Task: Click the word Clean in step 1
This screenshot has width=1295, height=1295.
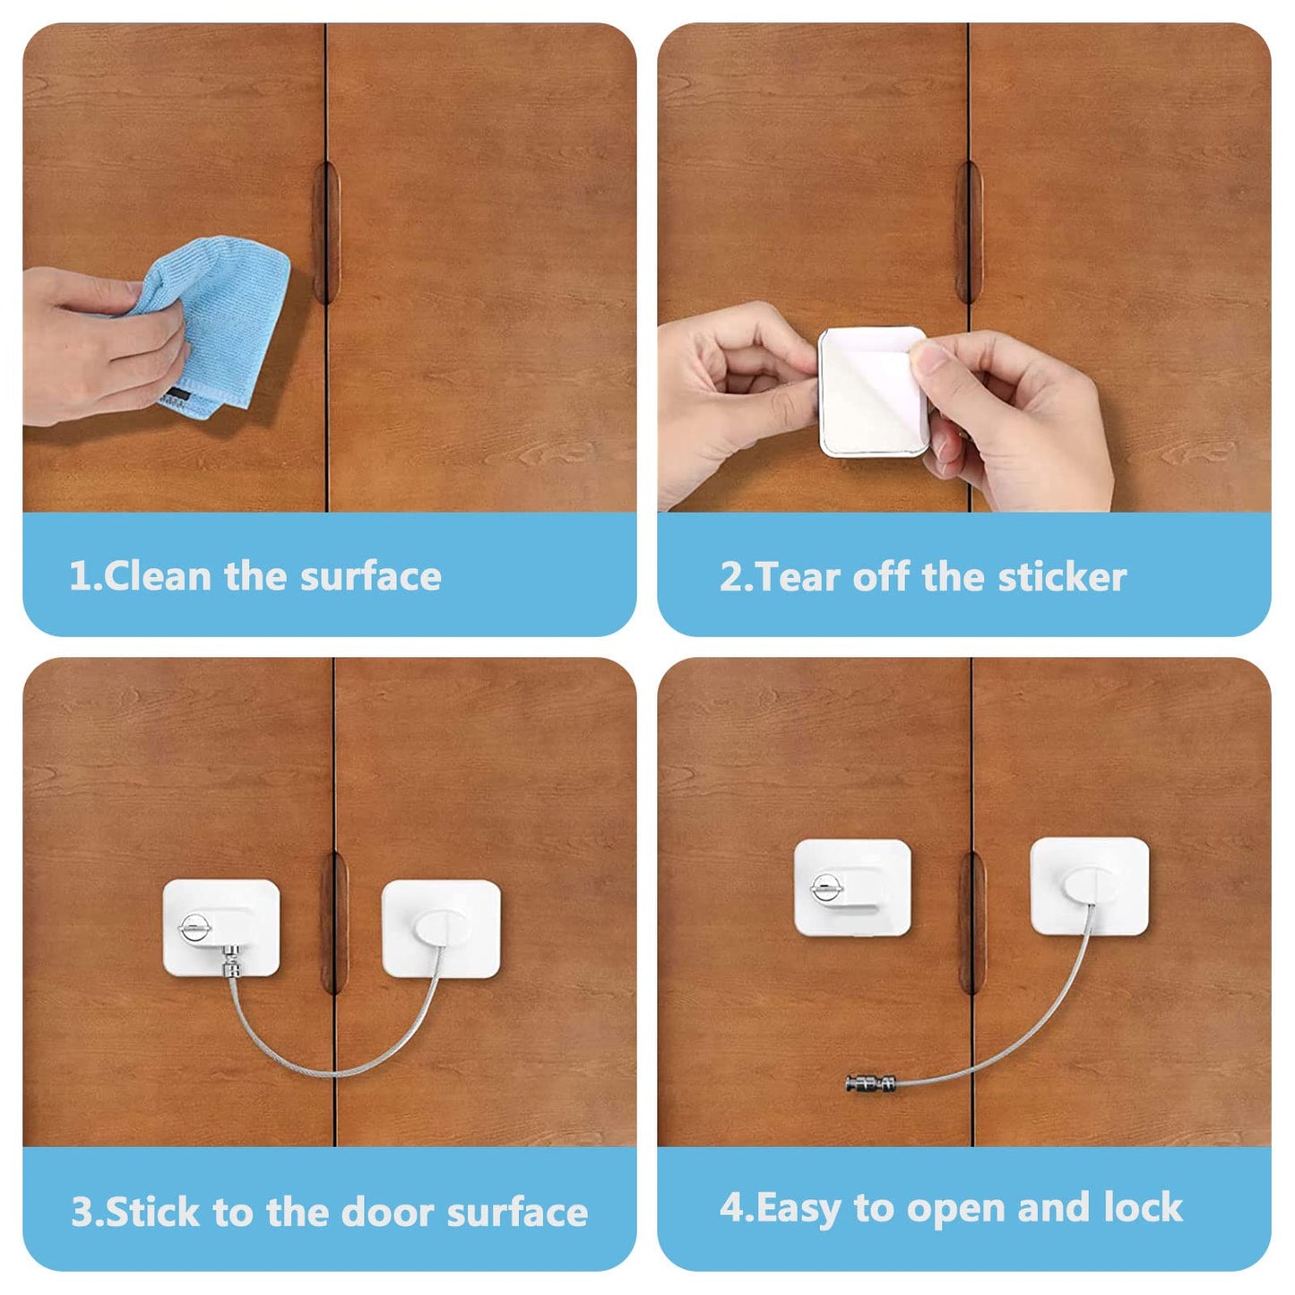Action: [157, 576]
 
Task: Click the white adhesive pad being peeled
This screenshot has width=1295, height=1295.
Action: [874, 391]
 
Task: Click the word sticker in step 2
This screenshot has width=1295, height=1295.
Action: [1062, 576]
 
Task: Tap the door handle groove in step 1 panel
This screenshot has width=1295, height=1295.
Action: [326, 232]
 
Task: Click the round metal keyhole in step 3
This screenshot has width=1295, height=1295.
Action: [194, 930]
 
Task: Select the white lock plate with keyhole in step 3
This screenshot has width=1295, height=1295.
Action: [221, 928]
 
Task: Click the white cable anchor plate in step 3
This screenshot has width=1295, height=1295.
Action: [441, 928]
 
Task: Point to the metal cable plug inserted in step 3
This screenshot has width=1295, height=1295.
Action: [232, 960]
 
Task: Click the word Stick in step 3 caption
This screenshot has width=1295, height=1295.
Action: [151, 1212]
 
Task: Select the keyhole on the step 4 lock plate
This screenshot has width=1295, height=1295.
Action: [826, 888]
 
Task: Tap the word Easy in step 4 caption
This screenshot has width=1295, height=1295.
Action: [799, 1208]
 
